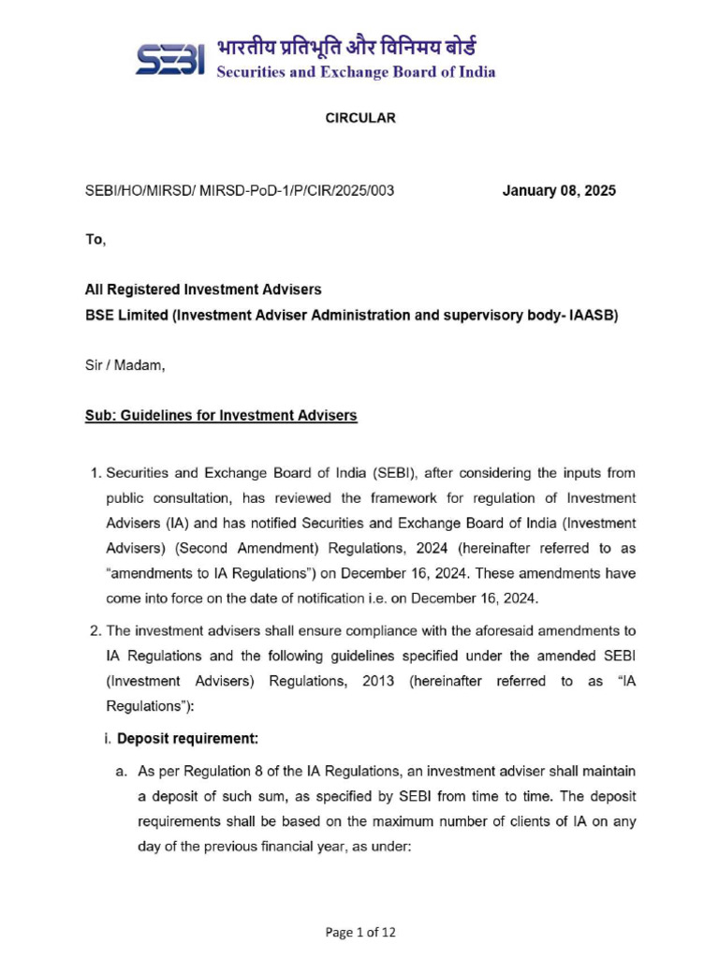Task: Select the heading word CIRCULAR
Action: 360,118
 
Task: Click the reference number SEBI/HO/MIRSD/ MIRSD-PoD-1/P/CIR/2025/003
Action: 240,190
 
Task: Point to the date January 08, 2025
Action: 559,190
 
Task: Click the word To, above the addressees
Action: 95,240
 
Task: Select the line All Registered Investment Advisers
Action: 203,290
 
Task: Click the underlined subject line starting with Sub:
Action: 221,415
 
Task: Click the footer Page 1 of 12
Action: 360,932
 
